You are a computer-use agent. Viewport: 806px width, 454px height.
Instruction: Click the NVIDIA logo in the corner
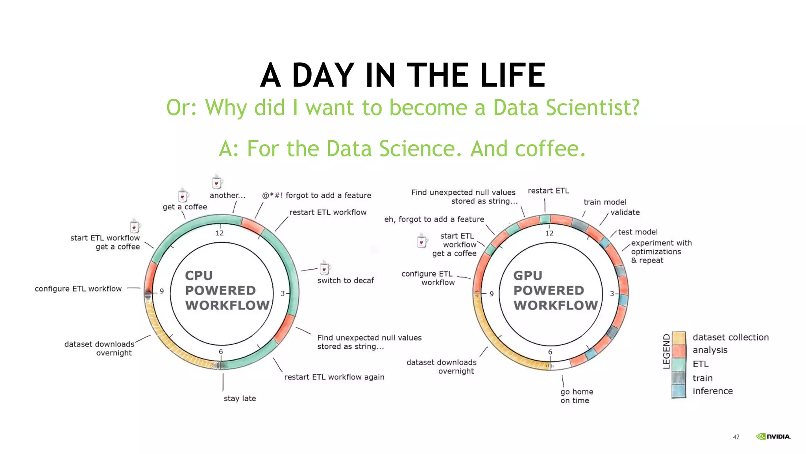[x=773, y=436]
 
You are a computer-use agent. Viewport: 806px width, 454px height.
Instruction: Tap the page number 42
[x=736, y=437]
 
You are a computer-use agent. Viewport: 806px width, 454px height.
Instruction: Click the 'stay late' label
[x=240, y=398]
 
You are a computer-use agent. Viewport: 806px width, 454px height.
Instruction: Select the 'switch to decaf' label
[x=346, y=281]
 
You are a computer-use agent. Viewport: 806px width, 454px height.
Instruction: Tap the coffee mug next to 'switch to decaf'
[x=325, y=268]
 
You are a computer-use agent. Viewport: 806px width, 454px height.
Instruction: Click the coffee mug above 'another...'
[x=217, y=182]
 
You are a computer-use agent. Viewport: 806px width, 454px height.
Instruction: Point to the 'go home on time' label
[x=577, y=396]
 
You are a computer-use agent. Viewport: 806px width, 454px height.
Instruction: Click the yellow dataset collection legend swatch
[x=679, y=338]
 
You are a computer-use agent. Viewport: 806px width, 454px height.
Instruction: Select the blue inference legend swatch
[x=679, y=391]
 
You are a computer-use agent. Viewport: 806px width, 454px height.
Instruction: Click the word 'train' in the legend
[x=702, y=378]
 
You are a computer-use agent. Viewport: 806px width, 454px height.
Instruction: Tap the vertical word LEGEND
[x=666, y=351]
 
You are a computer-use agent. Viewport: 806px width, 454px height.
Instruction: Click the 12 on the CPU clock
[x=219, y=233]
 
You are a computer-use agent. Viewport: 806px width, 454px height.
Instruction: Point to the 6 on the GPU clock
[x=550, y=352]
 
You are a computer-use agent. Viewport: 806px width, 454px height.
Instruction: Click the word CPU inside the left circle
[x=199, y=275]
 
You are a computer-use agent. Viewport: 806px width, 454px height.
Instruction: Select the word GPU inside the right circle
[x=527, y=275]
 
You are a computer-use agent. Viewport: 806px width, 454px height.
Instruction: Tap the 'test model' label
[x=637, y=232]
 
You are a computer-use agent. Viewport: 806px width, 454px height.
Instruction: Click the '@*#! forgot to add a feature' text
[x=317, y=195]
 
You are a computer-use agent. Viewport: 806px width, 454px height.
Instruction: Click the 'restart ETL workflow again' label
[x=334, y=377]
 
